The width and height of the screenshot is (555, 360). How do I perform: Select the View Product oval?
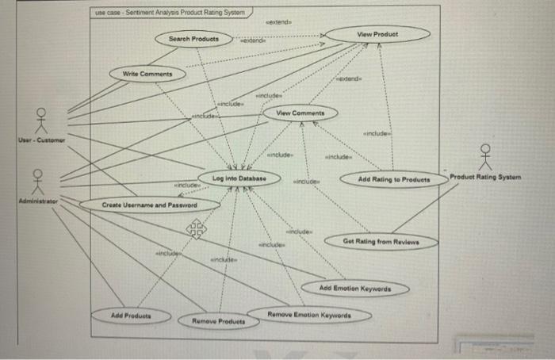377,35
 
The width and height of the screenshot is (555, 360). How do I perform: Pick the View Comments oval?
300,114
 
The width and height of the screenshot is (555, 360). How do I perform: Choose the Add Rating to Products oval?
393,180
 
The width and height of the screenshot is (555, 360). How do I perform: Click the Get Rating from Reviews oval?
381,240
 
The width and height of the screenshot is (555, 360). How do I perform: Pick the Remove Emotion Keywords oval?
308,315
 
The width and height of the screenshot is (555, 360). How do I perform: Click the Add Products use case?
132,316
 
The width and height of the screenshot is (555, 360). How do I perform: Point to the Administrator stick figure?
36,182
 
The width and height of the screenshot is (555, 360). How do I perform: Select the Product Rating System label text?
485,177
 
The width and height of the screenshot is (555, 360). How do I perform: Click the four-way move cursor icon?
195,230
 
